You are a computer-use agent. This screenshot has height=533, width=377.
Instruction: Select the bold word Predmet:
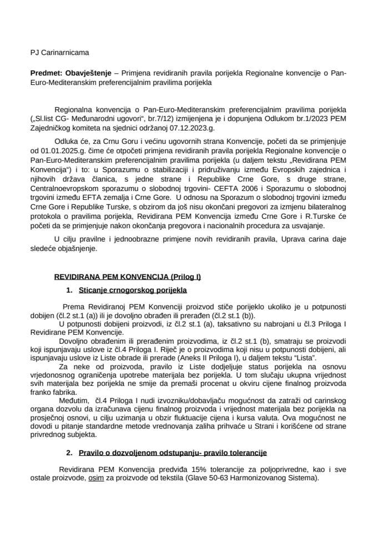coord(47,73)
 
